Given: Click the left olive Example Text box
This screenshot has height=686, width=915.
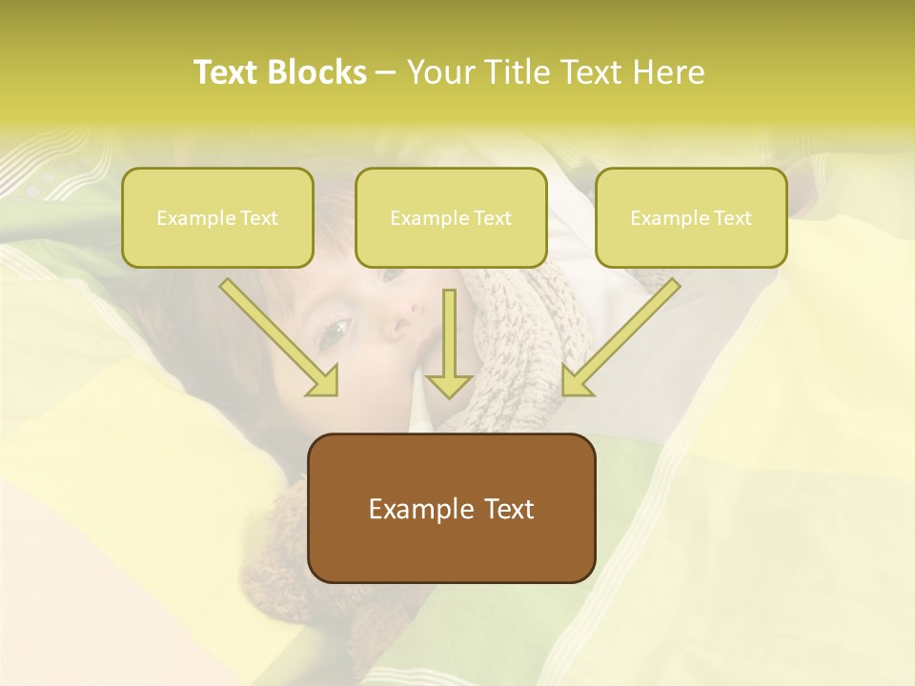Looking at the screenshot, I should [x=217, y=217].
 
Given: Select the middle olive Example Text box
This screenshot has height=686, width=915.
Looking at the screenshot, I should [x=451, y=217].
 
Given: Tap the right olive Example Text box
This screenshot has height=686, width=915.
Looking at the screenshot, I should [x=691, y=217].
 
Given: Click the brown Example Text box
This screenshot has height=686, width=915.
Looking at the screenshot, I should [x=451, y=508].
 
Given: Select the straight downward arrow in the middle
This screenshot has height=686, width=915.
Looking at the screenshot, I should [x=449, y=343].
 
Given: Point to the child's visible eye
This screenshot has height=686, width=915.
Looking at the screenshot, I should [x=334, y=333].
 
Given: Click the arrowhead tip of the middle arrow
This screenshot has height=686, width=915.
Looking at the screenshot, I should [x=449, y=394].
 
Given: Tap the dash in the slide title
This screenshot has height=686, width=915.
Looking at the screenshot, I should [x=386, y=73].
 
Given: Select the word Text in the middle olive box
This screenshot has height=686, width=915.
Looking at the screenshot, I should [x=493, y=218].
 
